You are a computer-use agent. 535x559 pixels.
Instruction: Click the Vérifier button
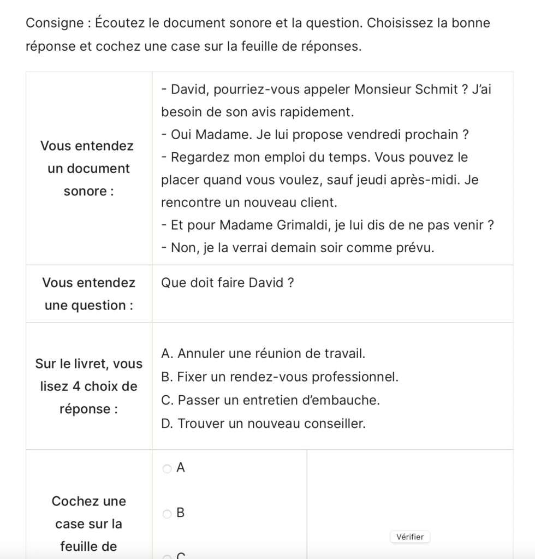click(x=410, y=537)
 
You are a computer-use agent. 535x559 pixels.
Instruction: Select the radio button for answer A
click(x=167, y=468)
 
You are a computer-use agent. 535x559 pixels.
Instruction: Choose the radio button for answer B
click(x=167, y=514)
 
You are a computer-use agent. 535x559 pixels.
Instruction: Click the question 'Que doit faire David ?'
click(x=228, y=283)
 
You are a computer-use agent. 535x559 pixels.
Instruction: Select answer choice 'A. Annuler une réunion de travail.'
click(x=263, y=354)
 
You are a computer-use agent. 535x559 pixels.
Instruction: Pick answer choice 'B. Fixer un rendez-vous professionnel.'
click(x=280, y=377)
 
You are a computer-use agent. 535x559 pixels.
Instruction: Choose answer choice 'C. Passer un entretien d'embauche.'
click(x=270, y=400)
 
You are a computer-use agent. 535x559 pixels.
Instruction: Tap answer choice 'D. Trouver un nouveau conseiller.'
click(x=263, y=423)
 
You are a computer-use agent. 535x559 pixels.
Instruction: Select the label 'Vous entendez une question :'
click(x=88, y=294)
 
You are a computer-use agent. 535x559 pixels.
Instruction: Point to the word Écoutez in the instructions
click(x=121, y=23)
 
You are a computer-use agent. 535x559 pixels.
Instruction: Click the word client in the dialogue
click(x=319, y=203)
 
